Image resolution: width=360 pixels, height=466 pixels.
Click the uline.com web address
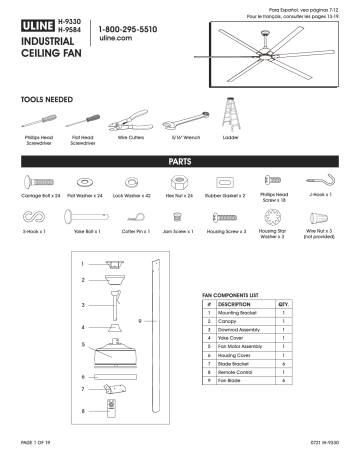pyautogui.click(x=117, y=41)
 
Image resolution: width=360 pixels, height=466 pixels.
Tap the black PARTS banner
pyautogui.click(x=179, y=160)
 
